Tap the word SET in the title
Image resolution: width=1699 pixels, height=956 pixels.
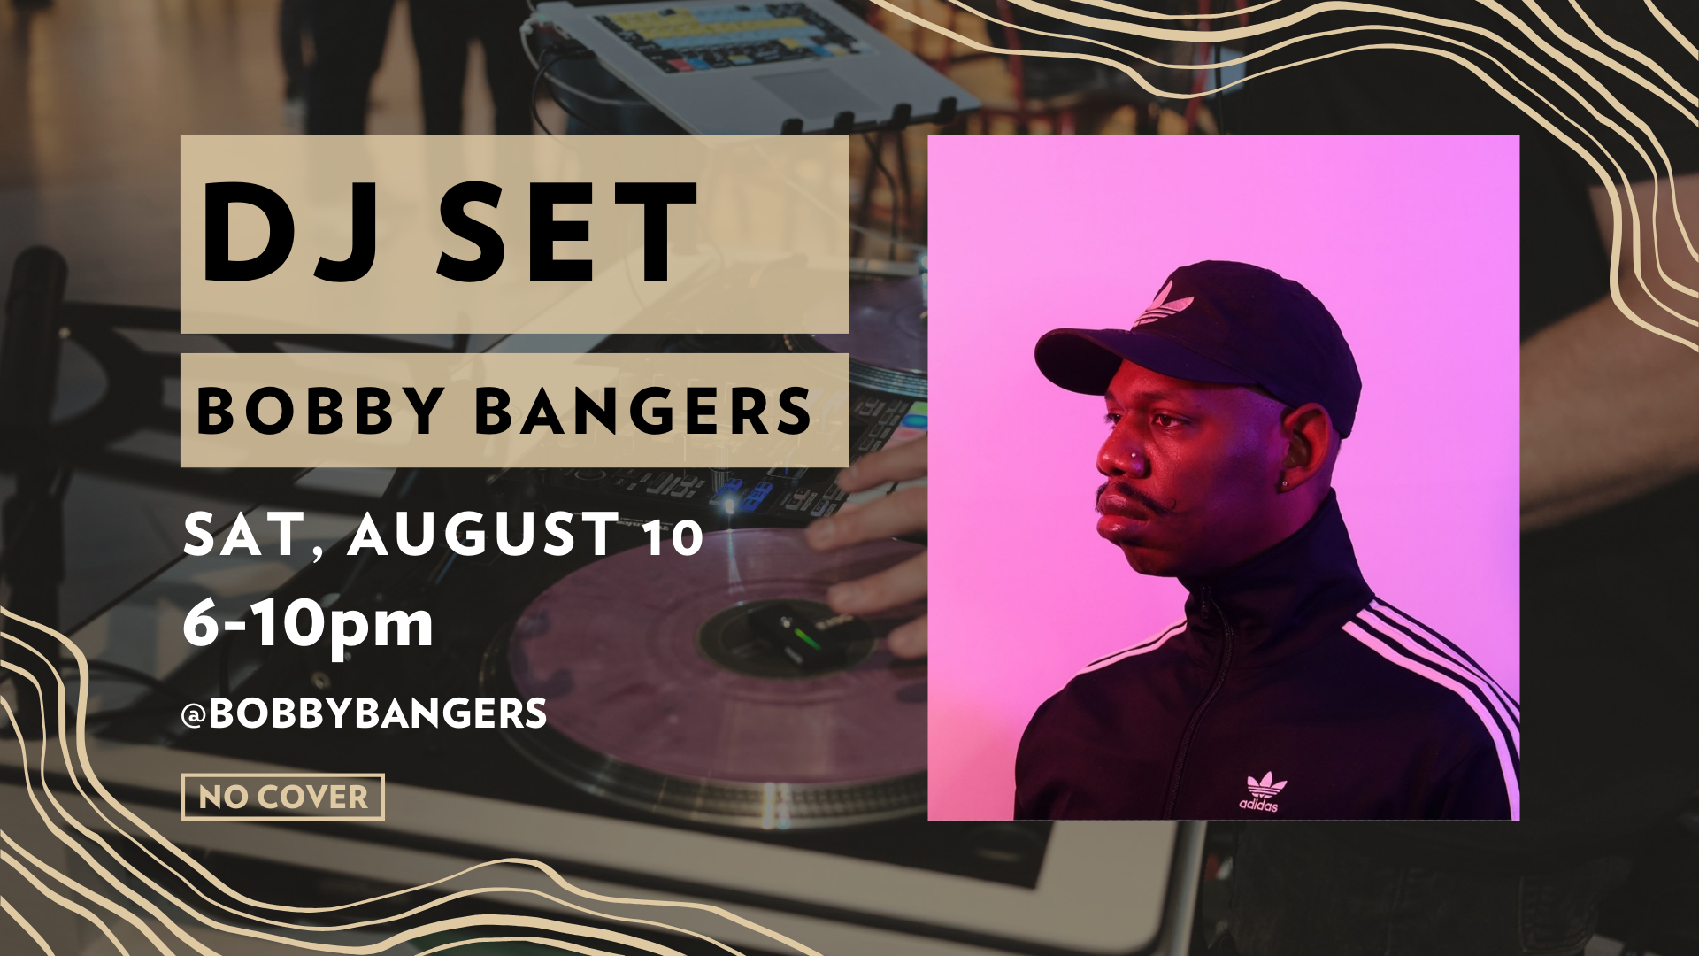point(567,232)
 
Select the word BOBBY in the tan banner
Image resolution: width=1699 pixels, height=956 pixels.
point(320,411)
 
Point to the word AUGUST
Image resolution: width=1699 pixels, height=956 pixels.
point(483,534)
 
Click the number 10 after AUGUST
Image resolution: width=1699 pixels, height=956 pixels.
point(673,537)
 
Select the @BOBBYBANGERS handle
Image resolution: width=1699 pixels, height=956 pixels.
point(364,713)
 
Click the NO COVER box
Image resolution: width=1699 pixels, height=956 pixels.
point(283,797)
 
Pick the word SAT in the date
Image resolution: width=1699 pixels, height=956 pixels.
point(242,535)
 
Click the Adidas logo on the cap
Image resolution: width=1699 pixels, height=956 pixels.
point(1165,305)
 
